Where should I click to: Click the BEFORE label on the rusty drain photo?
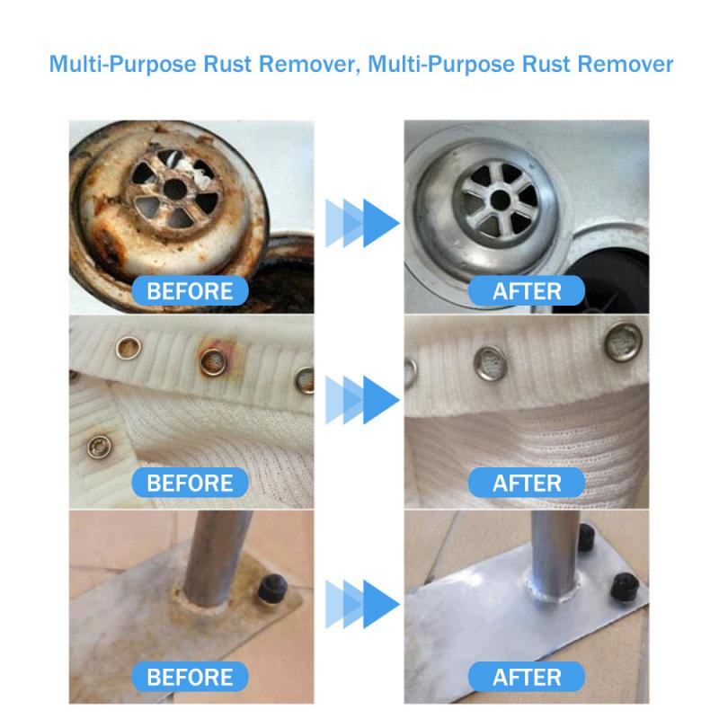tap(189, 290)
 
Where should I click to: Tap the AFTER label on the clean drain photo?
tap(527, 290)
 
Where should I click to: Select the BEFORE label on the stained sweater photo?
tap(189, 483)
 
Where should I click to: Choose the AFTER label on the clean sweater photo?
tap(527, 483)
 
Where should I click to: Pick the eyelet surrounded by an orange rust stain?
tap(214, 359)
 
